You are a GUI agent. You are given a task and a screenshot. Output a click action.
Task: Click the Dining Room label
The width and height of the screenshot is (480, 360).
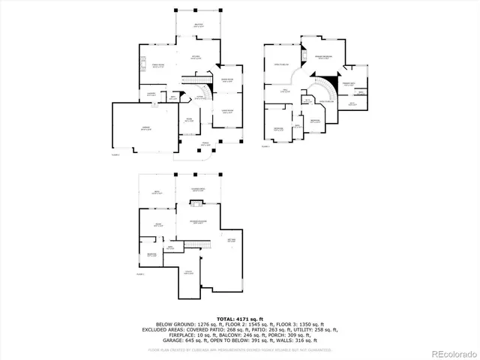227,80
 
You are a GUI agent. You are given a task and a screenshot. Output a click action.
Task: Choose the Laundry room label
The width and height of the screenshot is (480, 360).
151,94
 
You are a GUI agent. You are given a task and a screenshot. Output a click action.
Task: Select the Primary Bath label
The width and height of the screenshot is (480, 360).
349,84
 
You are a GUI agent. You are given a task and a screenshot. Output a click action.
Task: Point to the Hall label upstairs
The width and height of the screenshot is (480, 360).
285,92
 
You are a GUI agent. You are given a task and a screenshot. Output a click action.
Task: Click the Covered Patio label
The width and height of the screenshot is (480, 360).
199,190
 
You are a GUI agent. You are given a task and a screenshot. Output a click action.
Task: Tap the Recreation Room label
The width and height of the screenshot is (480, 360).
198,222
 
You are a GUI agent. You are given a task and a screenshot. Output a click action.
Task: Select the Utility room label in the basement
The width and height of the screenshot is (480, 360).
189,272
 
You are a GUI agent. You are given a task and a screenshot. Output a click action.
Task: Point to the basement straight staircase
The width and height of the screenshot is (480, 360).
196,247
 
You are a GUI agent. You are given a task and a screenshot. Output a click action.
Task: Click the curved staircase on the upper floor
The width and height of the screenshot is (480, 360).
325,90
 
